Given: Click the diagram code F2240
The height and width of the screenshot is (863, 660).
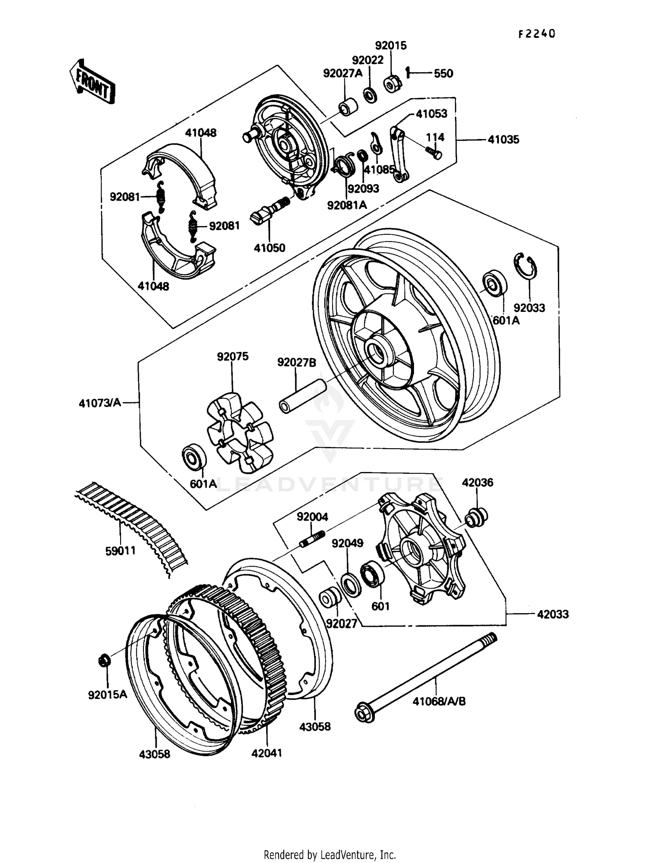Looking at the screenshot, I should (536, 34).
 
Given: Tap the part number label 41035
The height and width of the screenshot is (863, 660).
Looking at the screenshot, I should (503, 140).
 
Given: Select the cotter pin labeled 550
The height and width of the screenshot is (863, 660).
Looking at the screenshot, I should (408, 72).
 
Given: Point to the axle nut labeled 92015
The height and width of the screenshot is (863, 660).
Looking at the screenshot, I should (392, 84).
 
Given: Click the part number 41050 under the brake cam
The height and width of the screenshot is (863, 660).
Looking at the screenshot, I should (269, 248).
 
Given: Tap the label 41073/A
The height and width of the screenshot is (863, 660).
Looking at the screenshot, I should (100, 402).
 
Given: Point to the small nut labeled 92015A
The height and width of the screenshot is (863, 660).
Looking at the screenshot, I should (104, 660).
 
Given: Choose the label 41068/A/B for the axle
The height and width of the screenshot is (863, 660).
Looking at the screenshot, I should (439, 701).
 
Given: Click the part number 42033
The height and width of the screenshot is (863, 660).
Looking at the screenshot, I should (553, 614).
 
